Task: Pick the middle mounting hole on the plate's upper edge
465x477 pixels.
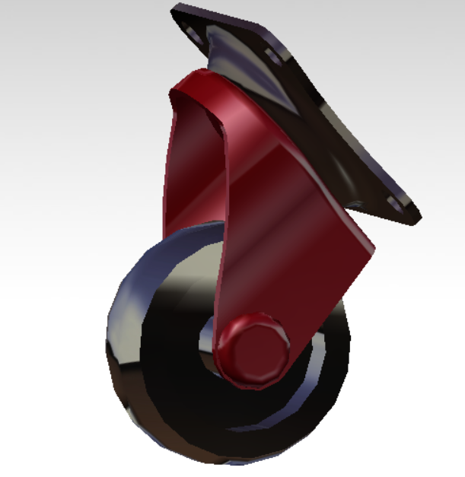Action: click(x=272, y=56)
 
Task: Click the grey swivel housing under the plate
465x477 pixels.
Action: click(x=228, y=53)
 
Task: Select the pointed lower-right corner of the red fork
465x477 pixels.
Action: click(x=371, y=247)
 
